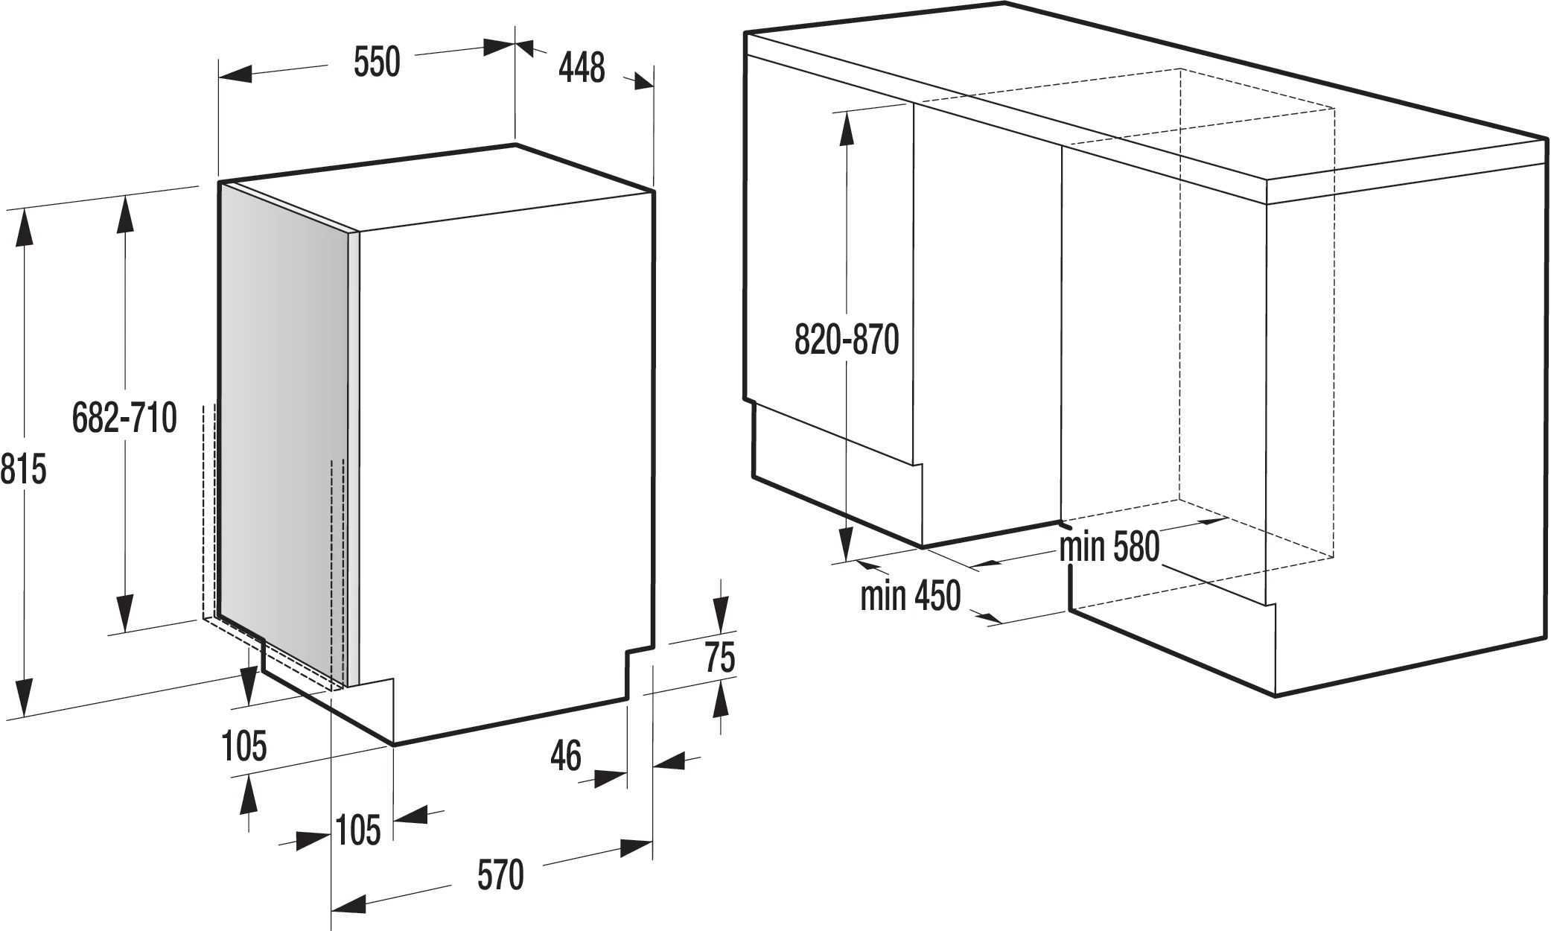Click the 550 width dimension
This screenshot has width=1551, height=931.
click(x=377, y=62)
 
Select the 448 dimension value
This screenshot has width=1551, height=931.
click(x=582, y=69)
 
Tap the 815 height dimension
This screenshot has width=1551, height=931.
click(x=23, y=470)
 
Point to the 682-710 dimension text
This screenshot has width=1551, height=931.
click(x=124, y=418)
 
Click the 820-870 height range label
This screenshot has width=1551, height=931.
click(x=847, y=340)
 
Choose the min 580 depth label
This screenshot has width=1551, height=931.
click(x=1109, y=547)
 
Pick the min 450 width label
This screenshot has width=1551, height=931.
click(x=910, y=596)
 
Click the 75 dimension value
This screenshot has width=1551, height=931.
click(x=720, y=658)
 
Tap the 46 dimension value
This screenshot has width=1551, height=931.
click(x=566, y=757)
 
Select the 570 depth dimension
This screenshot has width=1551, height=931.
click(x=500, y=874)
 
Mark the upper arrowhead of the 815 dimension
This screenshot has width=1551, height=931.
click(x=25, y=226)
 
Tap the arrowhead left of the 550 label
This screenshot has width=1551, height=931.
click(x=235, y=74)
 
